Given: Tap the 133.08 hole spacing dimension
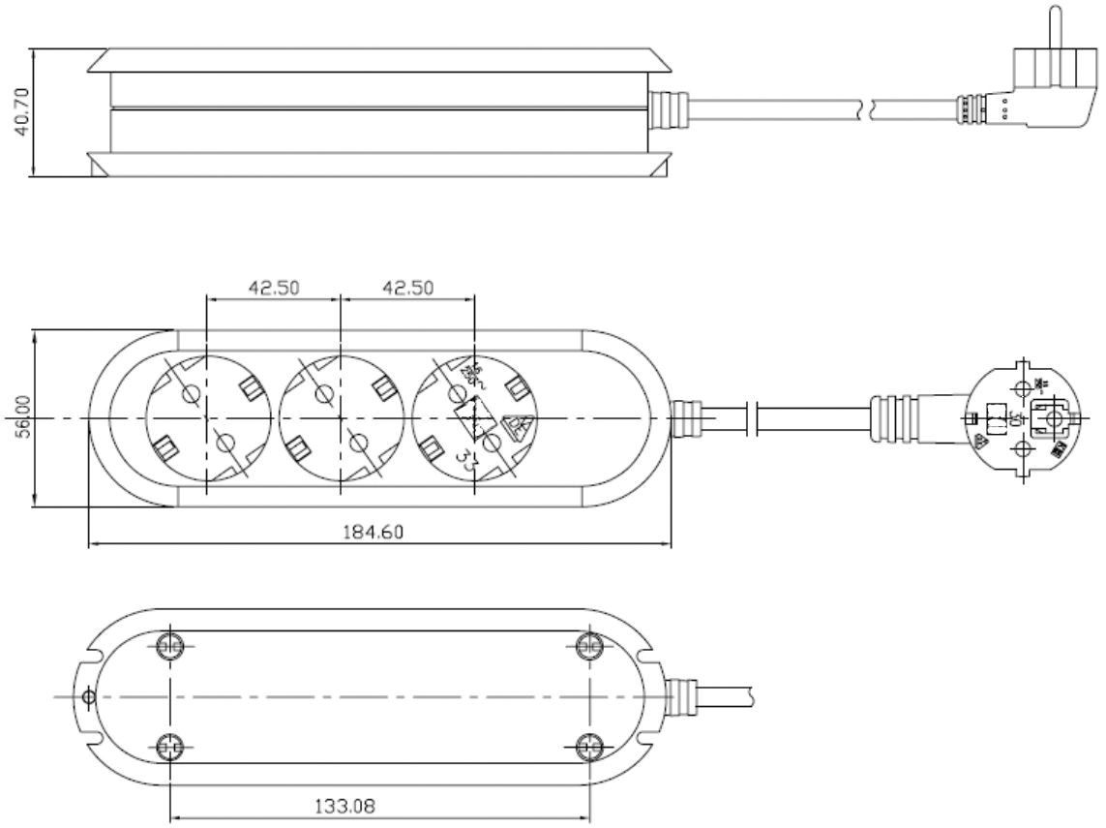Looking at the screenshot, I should (x=378, y=806).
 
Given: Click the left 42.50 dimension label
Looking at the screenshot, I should (x=274, y=288).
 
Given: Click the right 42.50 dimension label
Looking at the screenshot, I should (x=407, y=288).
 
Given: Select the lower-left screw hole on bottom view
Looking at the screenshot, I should (x=170, y=747).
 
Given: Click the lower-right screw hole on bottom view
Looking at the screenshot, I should (x=588, y=747).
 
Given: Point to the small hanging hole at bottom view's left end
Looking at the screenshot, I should (x=89, y=696).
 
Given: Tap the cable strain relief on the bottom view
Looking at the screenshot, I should (x=682, y=695).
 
